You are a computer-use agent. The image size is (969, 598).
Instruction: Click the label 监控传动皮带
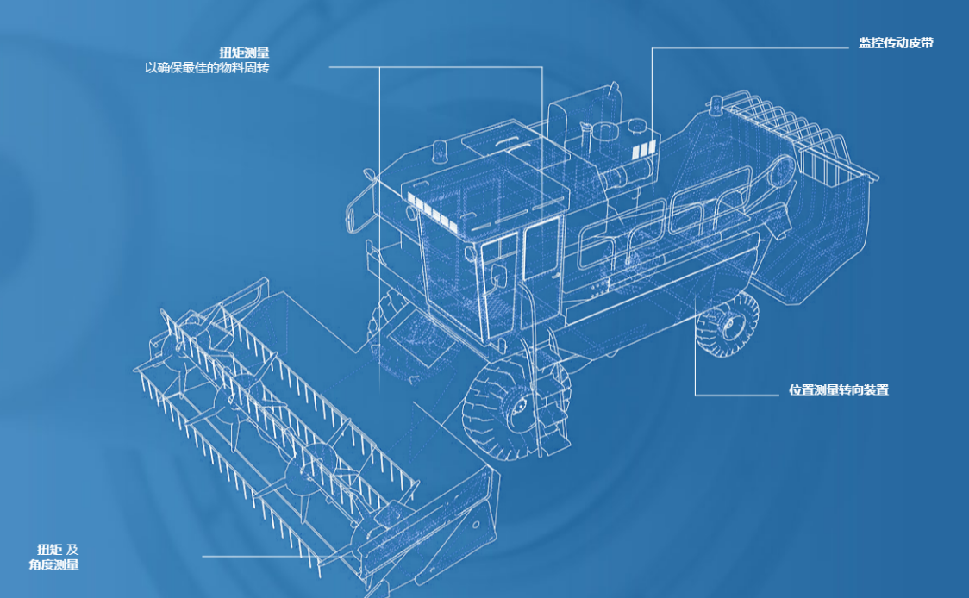[x=896, y=42]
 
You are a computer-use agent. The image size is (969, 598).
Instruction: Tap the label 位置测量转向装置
[x=839, y=389]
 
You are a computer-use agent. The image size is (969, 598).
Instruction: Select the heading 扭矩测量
[x=244, y=53]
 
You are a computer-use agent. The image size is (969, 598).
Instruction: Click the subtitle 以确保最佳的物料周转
[x=207, y=67]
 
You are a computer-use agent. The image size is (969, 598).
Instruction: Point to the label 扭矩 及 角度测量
[x=54, y=557]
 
